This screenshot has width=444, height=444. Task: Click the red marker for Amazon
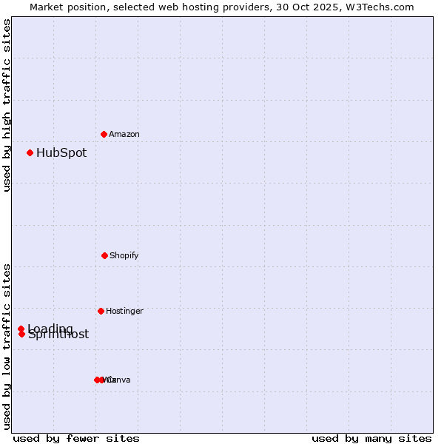(104, 134)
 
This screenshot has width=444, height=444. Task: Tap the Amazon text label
(124, 135)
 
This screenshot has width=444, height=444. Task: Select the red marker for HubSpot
(30, 152)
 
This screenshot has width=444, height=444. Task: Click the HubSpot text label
(61, 153)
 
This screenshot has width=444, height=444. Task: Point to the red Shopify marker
(104, 255)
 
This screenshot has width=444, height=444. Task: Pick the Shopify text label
(124, 256)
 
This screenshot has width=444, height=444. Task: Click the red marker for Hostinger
(101, 311)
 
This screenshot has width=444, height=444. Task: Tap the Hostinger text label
(124, 312)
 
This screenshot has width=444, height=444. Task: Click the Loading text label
(50, 329)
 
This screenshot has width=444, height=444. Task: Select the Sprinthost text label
(58, 334)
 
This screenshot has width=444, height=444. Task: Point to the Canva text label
(118, 380)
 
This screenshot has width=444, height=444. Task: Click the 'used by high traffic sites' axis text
(7, 105)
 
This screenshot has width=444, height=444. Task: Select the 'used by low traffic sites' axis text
(7, 346)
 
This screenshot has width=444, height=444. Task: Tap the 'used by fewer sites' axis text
(76, 438)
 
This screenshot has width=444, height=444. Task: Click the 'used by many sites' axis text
(371, 438)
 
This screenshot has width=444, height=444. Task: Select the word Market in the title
(47, 7)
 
